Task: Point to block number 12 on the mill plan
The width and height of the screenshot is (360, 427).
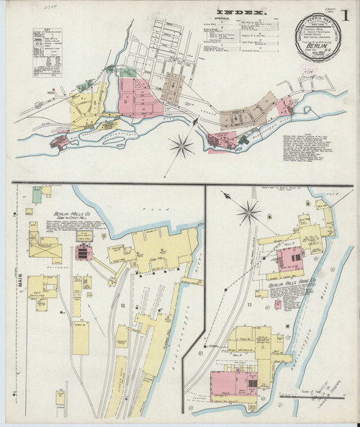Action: point(123,307)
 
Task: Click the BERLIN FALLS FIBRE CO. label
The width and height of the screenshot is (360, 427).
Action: point(293,285)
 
